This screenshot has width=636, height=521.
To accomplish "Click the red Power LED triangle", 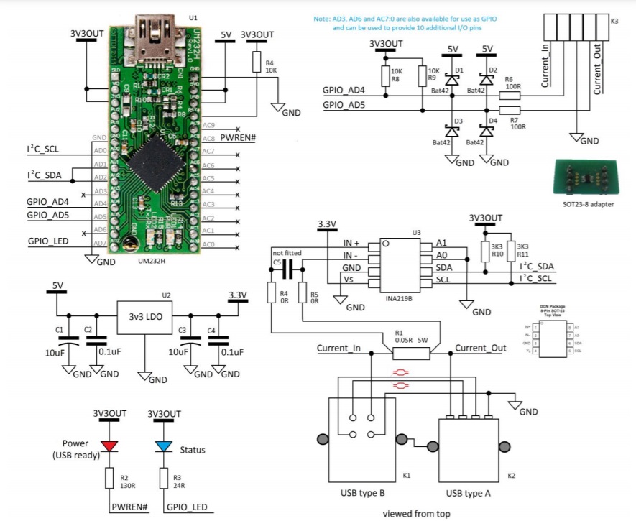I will click(109, 446).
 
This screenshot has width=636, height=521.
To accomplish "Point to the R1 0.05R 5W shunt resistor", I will click(412, 353).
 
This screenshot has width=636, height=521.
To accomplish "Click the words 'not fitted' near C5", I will click(287, 253).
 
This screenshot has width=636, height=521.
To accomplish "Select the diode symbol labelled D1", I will click(452, 79).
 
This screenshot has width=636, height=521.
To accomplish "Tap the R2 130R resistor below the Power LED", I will click(109, 478).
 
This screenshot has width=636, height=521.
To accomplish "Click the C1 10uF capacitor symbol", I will click(69, 338).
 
